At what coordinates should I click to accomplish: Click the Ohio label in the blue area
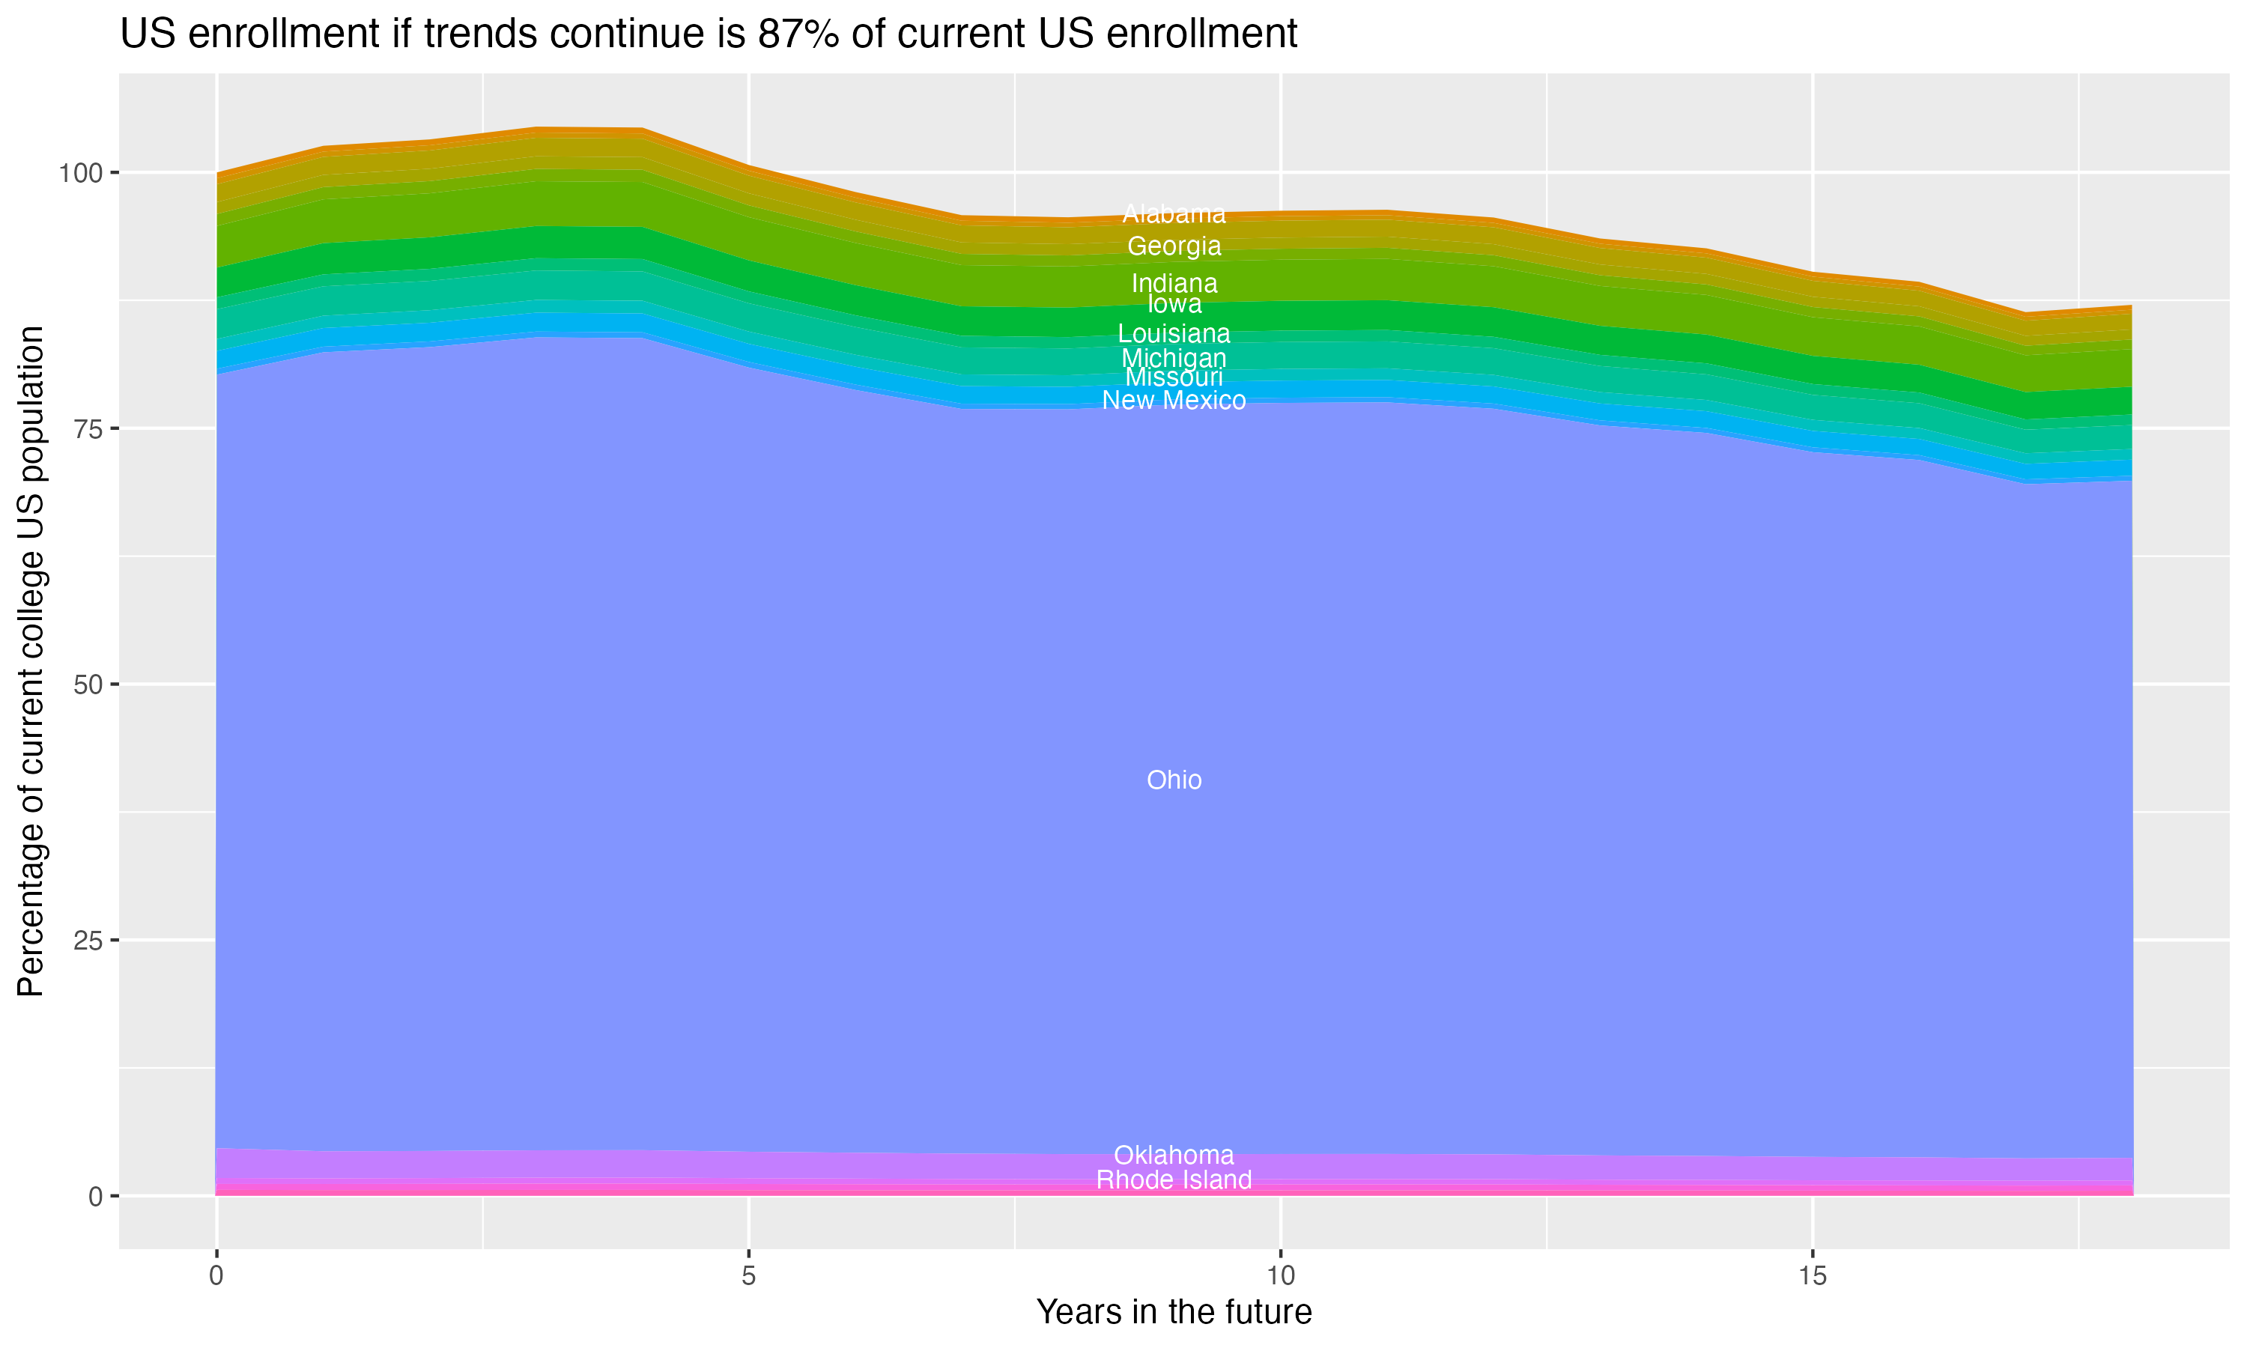pos(1174,780)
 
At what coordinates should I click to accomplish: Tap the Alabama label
pos(1174,214)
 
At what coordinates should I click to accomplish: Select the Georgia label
pos(1174,246)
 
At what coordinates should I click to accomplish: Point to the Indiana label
pos(1174,282)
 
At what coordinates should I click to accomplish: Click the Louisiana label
pos(1174,333)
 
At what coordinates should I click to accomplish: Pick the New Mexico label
pos(1174,401)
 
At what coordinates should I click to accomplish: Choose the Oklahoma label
pos(1174,1156)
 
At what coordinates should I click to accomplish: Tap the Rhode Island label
pos(1174,1180)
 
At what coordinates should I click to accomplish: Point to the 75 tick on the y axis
pos(88,429)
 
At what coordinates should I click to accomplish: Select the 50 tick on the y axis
pos(88,685)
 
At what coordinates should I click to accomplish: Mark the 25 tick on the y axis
pos(88,940)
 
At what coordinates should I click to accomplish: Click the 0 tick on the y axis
pos(95,1196)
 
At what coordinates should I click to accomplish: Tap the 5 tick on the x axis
pos(748,1276)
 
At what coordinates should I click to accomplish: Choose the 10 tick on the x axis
pos(1280,1276)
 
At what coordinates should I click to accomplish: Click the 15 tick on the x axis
pos(1812,1276)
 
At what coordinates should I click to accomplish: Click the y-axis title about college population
pos(31,661)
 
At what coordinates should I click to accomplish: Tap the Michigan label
pos(1174,358)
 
